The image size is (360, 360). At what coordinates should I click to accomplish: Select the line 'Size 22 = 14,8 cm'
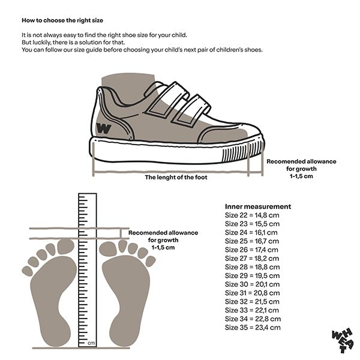click(x=252, y=214)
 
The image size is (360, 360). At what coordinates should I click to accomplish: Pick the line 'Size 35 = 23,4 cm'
click(x=253, y=328)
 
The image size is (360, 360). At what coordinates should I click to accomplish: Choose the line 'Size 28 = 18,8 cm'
click(x=252, y=266)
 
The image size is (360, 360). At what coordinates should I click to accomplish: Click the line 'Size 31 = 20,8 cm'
click(x=252, y=293)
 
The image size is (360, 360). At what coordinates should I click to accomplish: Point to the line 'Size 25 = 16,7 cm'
click(x=251, y=241)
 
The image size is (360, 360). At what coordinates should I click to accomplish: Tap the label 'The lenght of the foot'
click(x=179, y=177)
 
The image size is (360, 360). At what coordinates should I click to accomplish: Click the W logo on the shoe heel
click(x=103, y=127)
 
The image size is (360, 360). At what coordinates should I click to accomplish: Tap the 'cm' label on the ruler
click(x=91, y=343)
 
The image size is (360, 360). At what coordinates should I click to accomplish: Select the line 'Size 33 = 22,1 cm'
click(x=252, y=310)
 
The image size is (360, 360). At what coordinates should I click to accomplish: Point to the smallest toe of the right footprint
click(x=150, y=261)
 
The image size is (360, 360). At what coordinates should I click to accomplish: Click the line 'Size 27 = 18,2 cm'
click(x=252, y=258)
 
